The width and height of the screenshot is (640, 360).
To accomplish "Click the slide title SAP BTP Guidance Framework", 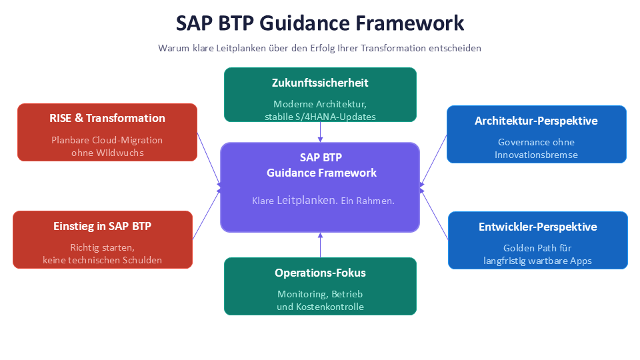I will [x=320, y=23].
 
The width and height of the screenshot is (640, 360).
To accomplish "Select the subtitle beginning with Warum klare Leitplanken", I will [x=320, y=48].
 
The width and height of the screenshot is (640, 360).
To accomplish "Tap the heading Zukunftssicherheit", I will [x=320, y=83].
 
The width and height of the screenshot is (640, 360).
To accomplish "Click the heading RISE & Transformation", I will [x=107, y=118].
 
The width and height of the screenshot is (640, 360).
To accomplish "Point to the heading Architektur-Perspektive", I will [x=536, y=121].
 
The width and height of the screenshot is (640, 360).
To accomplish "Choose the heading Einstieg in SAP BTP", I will [x=102, y=226].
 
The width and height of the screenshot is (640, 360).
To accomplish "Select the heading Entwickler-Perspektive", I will [x=537, y=227].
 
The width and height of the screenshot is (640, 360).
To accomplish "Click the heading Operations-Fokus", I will [x=320, y=273].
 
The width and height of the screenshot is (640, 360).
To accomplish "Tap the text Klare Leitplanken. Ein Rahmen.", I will [x=323, y=200].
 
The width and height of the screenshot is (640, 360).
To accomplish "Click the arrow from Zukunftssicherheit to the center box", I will [x=320, y=133].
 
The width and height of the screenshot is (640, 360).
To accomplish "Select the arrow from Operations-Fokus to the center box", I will [x=320, y=245].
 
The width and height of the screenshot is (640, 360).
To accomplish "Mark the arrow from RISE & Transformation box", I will [x=209, y=159].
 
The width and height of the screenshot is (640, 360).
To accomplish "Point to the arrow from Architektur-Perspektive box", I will [x=433, y=159].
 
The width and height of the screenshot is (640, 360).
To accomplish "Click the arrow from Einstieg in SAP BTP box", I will [x=207, y=214].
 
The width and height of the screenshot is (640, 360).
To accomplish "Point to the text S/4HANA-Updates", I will [x=338, y=117].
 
